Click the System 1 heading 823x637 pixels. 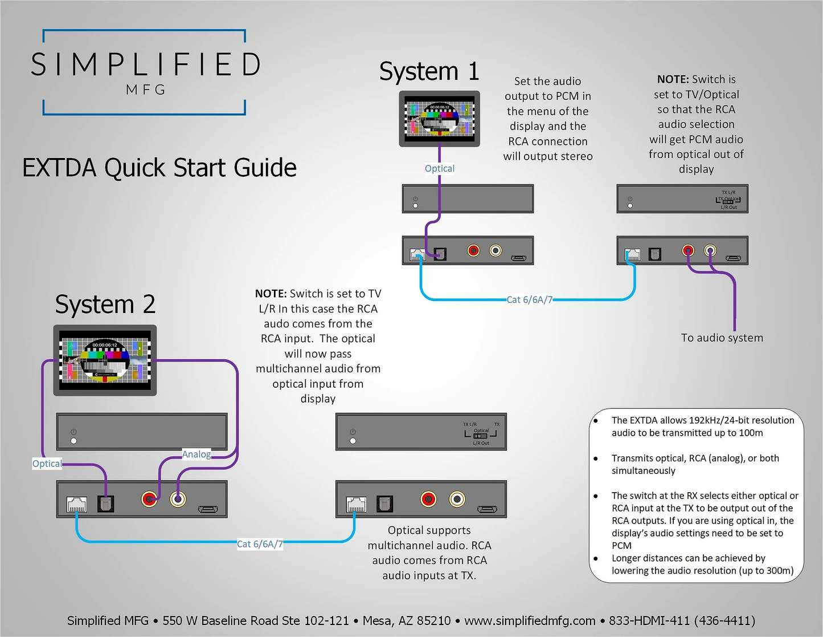click(x=429, y=72)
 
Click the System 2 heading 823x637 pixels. click(x=105, y=305)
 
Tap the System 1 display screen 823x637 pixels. click(x=439, y=119)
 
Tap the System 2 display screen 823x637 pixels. click(x=105, y=360)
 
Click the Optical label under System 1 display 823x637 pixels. click(x=440, y=168)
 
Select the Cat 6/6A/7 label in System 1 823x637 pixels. click(x=529, y=299)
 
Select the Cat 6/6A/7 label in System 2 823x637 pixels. click(x=260, y=544)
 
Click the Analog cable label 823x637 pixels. click(x=196, y=454)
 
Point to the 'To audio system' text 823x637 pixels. click(x=722, y=338)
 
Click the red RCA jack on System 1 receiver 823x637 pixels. click(x=688, y=250)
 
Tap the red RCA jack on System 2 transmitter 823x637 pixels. click(x=150, y=499)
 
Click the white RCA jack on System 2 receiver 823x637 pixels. click(x=457, y=499)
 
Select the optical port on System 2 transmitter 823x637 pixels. click(x=106, y=503)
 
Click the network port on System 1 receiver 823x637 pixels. click(x=632, y=254)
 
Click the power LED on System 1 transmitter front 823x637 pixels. click(x=415, y=205)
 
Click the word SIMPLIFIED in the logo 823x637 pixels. click(x=146, y=64)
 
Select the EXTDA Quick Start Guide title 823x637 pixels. click(x=159, y=168)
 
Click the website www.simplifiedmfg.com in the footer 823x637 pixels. click(x=530, y=620)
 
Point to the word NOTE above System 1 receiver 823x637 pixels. click(x=673, y=79)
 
